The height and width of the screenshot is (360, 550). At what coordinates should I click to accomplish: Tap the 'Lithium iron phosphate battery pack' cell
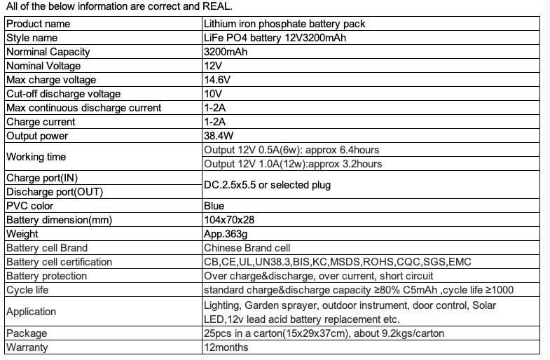pyautogui.click(x=284, y=24)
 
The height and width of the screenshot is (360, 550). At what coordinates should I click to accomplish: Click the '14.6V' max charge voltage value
pyautogui.click(x=216, y=80)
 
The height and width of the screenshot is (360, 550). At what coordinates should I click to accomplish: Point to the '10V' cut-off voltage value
pyautogui.click(x=212, y=94)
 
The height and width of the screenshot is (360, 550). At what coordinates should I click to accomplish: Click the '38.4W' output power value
pyautogui.click(x=219, y=136)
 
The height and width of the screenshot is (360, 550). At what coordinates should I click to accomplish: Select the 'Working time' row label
pyautogui.click(x=36, y=157)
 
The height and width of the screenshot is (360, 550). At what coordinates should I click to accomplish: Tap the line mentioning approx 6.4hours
pyautogui.click(x=291, y=150)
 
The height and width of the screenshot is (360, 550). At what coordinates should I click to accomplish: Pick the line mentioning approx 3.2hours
pyautogui.click(x=292, y=164)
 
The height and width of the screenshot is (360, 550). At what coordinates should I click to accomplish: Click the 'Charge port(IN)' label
pyautogui.click(x=41, y=178)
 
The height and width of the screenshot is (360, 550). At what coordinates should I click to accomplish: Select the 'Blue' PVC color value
pyautogui.click(x=214, y=206)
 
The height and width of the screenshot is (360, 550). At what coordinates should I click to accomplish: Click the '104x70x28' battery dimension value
pyautogui.click(x=228, y=220)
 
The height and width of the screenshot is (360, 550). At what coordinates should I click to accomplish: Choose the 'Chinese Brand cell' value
pyautogui.click(x=246, y=248)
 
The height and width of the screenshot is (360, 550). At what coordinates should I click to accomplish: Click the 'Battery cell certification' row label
pyautogui.click(x=59, y=262)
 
